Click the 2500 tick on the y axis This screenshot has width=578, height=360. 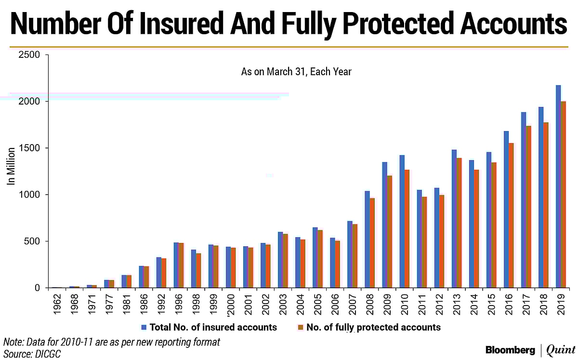click(x=30, y=55)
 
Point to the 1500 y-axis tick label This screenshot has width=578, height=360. click(x=30, y=148)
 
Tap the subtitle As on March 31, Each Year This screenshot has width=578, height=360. click(x=296, y=72)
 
